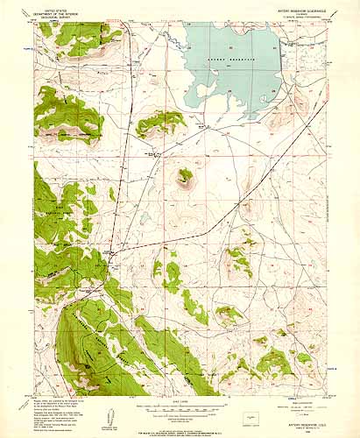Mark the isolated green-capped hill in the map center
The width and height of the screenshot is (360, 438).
pos(185,178)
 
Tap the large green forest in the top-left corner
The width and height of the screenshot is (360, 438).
pos(70,39)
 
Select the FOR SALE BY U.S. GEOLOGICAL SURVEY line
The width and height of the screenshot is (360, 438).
pos(180,429)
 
